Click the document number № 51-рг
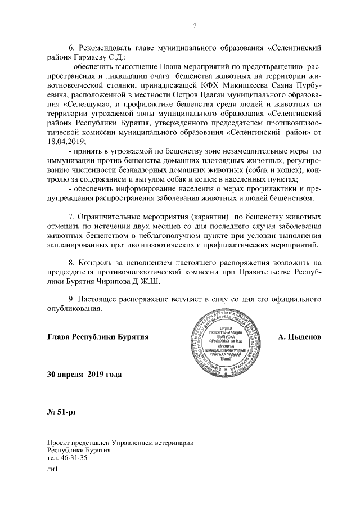(61, 412)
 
